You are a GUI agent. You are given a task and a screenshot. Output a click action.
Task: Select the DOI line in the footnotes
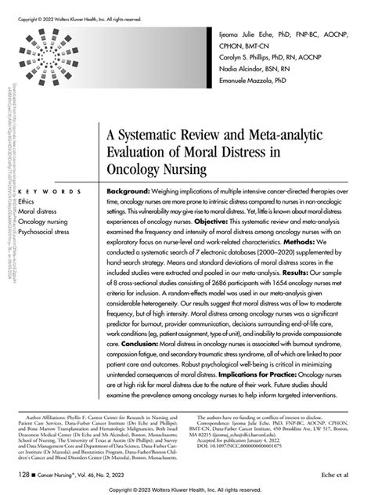(241, 448)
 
